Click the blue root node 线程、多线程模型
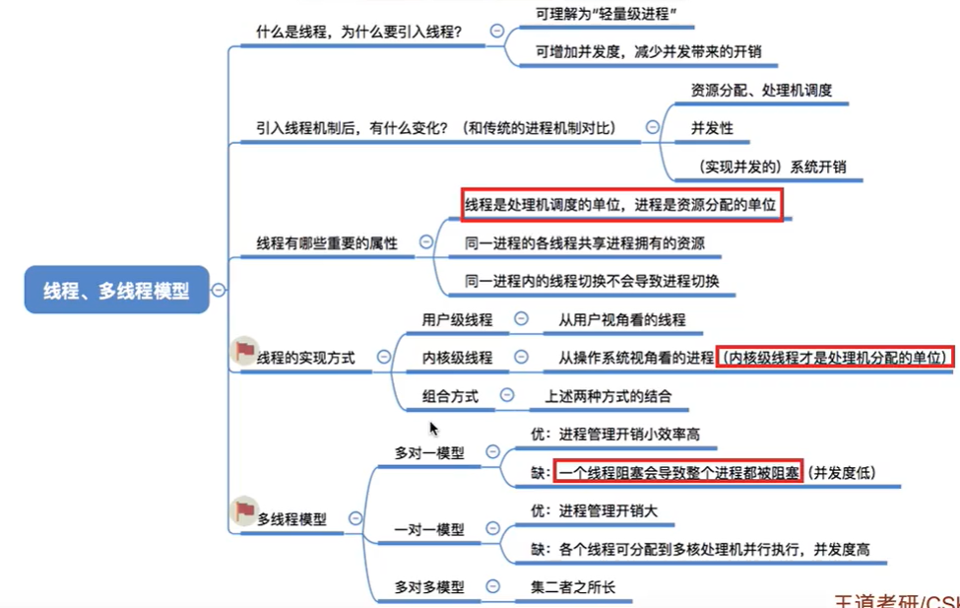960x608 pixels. [116, 290]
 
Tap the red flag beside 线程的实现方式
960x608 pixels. [243, 352]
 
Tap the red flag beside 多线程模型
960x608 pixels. [243, 510]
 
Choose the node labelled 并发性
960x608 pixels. [712, 128]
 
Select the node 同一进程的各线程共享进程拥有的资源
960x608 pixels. [585, 242]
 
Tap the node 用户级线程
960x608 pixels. [457, 319]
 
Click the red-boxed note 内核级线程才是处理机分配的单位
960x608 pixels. [835, 358]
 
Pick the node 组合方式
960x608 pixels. [450, 396]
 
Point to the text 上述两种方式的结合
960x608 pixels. [608, 396]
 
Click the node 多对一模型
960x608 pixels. [429, 452]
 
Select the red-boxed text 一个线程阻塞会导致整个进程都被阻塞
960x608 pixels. [678, 473]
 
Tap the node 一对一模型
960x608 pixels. [429, 529]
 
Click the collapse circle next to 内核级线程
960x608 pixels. [522, 358]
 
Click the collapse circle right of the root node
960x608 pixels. [218, 290]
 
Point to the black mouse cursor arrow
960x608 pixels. [433, 428]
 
